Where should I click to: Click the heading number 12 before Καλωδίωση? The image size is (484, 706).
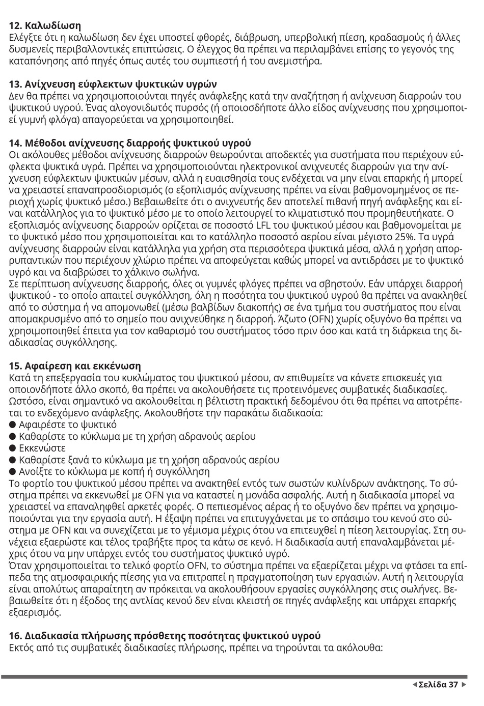click(x=15, y=25)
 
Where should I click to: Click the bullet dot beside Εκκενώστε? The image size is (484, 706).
click(x=13, y=448)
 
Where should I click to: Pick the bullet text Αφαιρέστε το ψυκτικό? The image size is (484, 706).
click(x=67, y=425)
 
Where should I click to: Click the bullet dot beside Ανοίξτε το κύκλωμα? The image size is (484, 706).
click(x=13, y=472)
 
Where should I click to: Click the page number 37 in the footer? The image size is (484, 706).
click(x=453, y=685)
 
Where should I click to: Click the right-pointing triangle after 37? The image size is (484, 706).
click(x=464, y=685)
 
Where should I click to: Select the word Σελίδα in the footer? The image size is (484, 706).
click(x=432, y=685)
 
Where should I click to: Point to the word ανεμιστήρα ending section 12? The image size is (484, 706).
click(x=295, y=61)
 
